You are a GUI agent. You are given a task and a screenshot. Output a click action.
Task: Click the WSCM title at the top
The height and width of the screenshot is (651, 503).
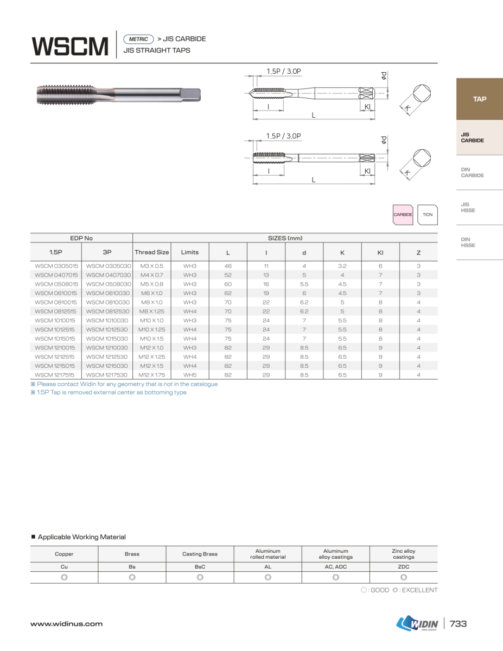point(71,46)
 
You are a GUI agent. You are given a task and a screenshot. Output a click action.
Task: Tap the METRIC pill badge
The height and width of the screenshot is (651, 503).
point(139,39)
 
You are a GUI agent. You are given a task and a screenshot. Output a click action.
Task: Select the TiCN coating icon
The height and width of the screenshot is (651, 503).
point(428,215)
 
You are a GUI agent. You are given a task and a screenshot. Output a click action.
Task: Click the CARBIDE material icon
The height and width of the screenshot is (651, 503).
point(403,215)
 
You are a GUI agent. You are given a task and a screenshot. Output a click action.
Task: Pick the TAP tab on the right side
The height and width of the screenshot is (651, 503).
point(479,99)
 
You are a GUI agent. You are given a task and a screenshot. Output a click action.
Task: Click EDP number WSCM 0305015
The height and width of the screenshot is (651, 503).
point(56,266)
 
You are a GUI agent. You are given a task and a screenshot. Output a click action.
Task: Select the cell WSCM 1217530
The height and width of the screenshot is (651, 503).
point(107,375)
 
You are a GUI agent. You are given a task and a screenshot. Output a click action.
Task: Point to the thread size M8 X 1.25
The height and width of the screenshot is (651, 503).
point(152,311)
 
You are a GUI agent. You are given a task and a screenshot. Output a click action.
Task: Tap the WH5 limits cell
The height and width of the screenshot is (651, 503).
point(190,375)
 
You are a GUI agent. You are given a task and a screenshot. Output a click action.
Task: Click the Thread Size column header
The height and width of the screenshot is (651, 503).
point(152,252)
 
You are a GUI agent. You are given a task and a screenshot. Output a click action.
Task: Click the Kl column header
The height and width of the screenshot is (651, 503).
point(380,252)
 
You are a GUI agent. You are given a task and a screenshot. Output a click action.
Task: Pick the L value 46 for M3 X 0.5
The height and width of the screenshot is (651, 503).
point(228,266)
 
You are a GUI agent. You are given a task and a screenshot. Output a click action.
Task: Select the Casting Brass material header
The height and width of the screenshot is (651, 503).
point(200,554)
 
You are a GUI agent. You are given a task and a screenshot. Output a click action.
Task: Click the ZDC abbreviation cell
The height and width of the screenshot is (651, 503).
point(404,567)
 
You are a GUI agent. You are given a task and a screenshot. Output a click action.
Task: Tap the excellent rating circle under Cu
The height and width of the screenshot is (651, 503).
point(64,577)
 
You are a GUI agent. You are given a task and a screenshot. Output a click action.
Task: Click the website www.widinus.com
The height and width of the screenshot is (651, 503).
point(66,624)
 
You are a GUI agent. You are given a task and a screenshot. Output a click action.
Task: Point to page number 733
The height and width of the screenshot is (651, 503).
point(459,624)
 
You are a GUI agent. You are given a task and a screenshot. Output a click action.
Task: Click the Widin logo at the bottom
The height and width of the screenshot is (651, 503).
point(417,624)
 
